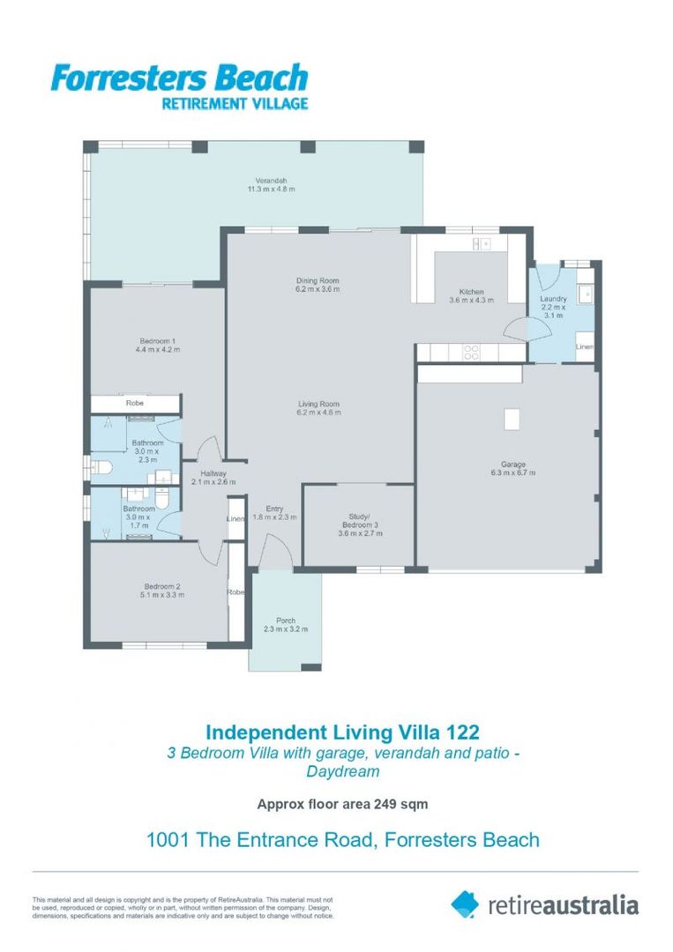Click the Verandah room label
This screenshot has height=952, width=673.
[x=271, y=181]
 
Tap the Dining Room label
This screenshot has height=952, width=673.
[x=318, y=280]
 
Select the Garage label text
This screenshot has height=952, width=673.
[x=513, y=464]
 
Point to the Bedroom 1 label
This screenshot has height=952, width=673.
[x=157, y=340]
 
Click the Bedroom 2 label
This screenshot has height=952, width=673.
[x=162, y=586]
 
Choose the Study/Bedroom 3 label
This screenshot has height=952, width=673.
[x=360, y=521]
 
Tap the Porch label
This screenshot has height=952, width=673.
[x=286, y=621]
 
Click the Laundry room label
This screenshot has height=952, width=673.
[x=553, y=299]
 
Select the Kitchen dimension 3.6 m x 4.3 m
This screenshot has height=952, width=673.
[x=471, y=300]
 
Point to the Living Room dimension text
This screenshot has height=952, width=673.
[x=319, y=413]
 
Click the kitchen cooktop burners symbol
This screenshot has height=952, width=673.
[x=471, y=352]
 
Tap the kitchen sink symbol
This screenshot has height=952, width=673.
[x=482, y=243]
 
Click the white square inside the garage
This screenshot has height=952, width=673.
[x=512, y=419]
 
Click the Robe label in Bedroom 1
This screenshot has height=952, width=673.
[x=135, y=403]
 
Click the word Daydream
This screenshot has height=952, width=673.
[x=342, y=771]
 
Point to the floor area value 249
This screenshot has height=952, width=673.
[x=385, y=804]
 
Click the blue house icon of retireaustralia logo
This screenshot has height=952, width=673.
[x=465, y=904]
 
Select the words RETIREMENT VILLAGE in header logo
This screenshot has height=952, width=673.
[x=235, y=103]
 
